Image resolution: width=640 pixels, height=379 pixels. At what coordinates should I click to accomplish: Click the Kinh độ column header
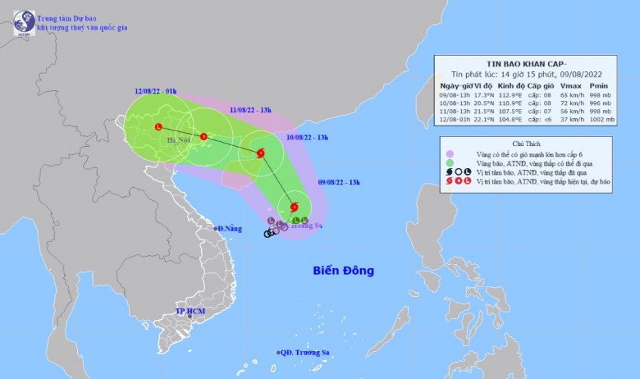tap(514, 85)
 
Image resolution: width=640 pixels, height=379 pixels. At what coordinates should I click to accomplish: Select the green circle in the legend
tap(450, 164)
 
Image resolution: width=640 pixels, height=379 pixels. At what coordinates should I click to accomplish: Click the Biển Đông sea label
tap(343, 271)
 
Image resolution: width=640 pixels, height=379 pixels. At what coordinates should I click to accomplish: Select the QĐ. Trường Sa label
tap(304, 353)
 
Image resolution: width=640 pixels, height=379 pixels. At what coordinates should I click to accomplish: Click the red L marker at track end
tap(158, 126)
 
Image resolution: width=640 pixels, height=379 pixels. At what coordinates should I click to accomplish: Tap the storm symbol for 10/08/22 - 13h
tap(260, 152)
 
